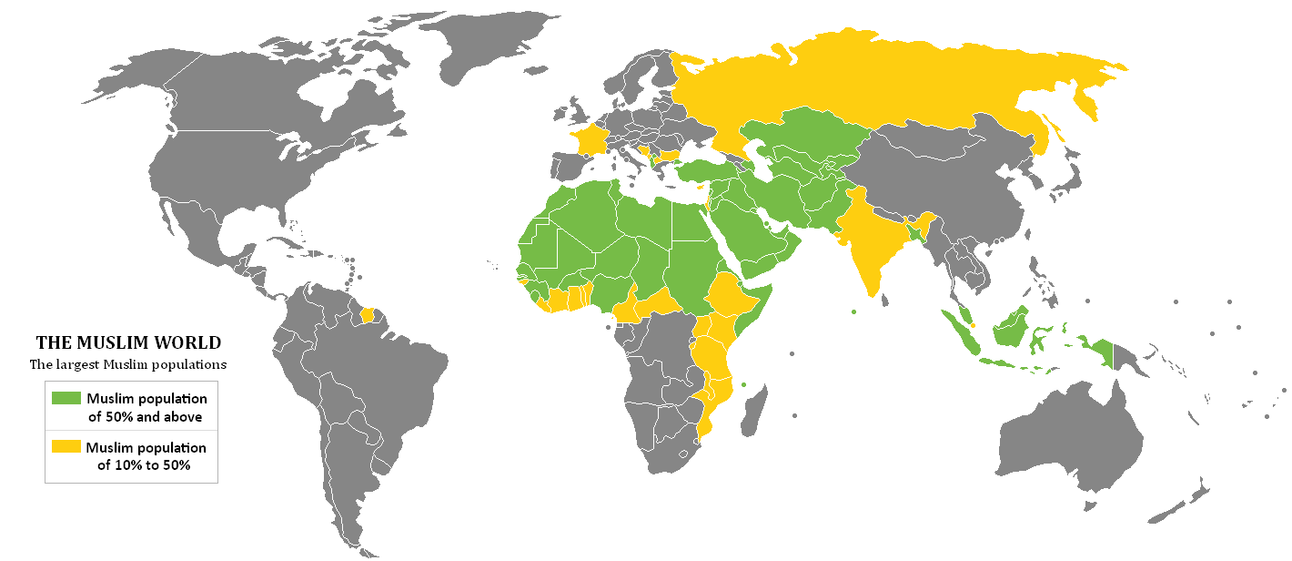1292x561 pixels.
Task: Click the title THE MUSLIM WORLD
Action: tap(128, 343)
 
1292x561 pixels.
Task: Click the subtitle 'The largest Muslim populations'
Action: tap(128, 364)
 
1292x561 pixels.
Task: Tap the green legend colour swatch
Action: tap(66, 398)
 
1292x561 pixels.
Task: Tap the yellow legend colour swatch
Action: tap(66, 447)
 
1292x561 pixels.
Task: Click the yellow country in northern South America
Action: tap(368, 315)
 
